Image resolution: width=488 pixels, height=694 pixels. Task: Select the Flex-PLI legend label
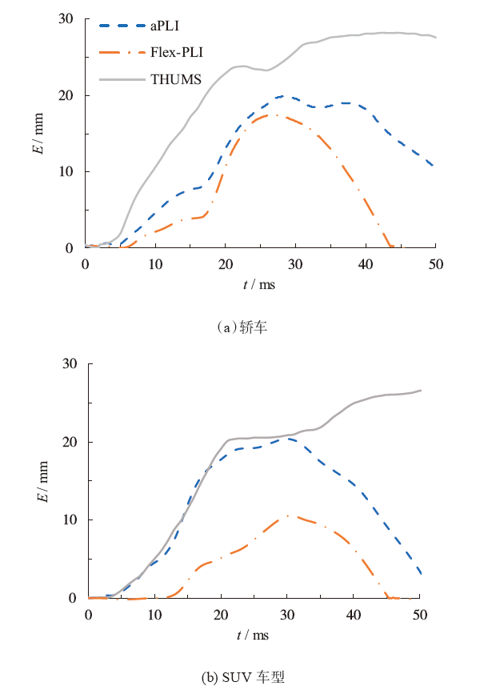(176, 53)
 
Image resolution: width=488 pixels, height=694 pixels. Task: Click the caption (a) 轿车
(243, 327)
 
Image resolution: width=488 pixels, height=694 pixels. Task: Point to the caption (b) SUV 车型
(243, 676)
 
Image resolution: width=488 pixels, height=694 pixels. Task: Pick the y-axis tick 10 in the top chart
(70, 172)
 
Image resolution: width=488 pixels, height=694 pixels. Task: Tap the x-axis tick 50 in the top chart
(435, 264)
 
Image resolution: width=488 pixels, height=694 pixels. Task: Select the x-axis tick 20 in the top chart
(226, 264)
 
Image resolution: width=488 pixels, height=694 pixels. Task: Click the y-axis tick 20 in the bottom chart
(70, 442)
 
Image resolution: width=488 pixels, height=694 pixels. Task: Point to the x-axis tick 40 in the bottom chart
(353, 614)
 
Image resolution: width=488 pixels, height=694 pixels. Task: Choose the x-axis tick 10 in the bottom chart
(154, 614)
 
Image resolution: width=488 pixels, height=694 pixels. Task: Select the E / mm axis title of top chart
(38, 134)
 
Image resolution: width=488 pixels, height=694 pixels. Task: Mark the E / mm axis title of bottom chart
(38, 481)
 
